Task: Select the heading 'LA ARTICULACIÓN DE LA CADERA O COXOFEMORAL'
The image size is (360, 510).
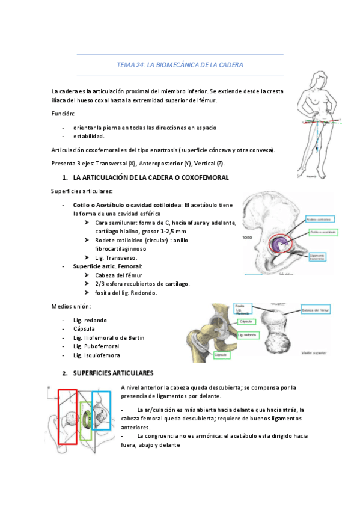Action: (x=150, y=178)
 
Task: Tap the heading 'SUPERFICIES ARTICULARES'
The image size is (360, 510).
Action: (x=113, y=373)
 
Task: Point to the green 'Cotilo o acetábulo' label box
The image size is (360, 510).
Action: (x=323, y=232)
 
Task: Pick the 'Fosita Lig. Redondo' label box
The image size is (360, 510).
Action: (x=243, y=310)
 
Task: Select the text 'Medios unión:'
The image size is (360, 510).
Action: (x=70, y=307)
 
